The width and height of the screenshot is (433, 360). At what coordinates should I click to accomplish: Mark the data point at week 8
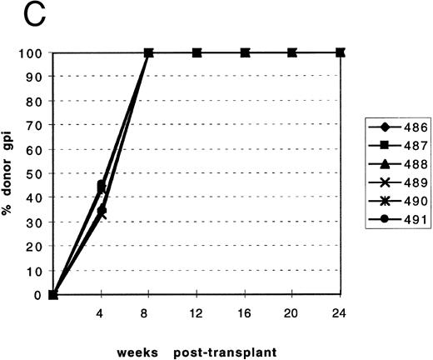click(149, 53)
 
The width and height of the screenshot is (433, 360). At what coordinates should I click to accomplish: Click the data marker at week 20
click(292, 53)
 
